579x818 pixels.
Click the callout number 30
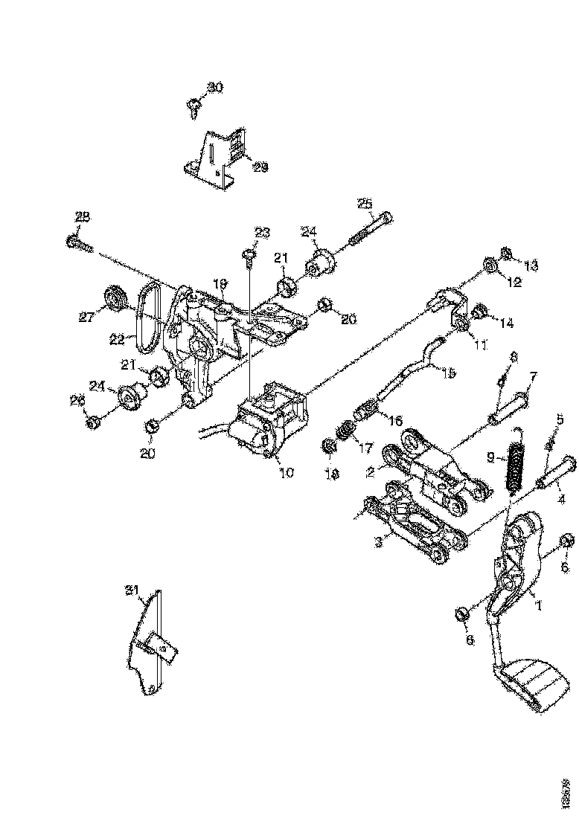point(214,88)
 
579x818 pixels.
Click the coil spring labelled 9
point(513,465)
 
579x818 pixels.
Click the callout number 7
point(533,377)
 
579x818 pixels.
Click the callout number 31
point(132,590)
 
